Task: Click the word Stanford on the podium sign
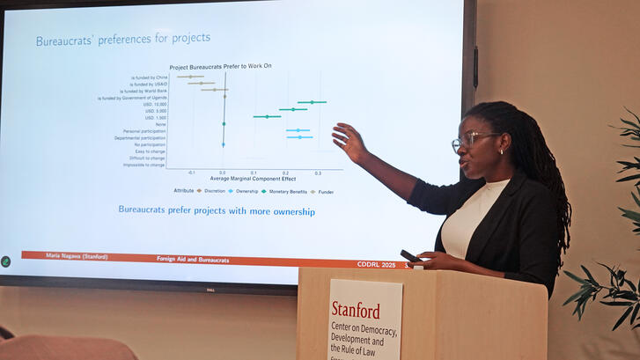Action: tap(356, 310)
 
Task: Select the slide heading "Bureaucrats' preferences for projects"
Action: tap(122, 40)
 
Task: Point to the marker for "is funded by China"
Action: tap(190, 77)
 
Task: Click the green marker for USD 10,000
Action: tap(311, 102)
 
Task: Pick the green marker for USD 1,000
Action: tap(267, 116)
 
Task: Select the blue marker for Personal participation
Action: tap(298, 130)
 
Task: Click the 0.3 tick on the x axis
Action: tap(318, 173)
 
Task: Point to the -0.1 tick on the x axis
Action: tap(191, 173)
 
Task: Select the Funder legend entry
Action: tap(327, 191)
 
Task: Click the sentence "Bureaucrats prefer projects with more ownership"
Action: tap(217, 211)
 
